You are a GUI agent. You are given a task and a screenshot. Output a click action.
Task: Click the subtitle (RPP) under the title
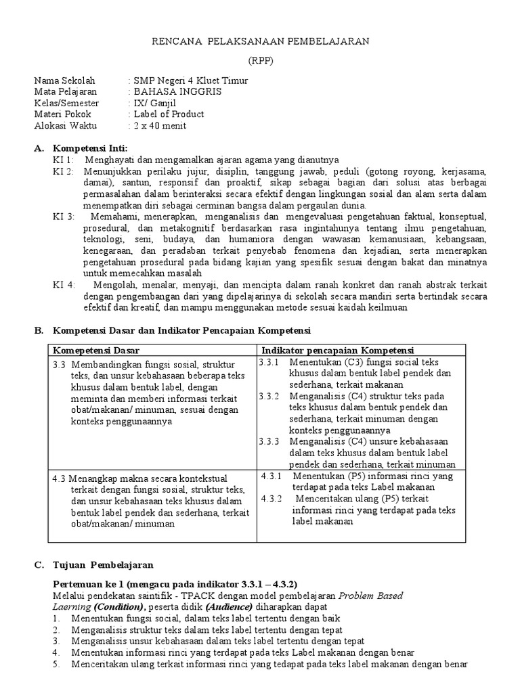point(259,59)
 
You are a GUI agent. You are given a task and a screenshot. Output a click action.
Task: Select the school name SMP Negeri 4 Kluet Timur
point(191,81)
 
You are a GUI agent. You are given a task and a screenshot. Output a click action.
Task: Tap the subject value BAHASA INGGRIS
point(177,91)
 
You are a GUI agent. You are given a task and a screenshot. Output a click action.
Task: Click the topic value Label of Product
point(169,114)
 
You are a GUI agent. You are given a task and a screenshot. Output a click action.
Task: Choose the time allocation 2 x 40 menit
point(160,125)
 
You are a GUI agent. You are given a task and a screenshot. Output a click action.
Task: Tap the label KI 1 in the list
point(62,160)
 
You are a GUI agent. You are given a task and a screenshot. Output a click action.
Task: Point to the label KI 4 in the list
point(64,285)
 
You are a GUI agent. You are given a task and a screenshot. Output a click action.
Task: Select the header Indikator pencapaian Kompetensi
point(337,350)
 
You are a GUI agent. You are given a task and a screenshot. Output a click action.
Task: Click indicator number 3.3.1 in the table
point(269,362)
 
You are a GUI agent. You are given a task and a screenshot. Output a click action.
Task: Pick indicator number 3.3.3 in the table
point(269,441)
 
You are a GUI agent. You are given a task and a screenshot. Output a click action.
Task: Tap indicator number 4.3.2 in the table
point(274,499)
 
